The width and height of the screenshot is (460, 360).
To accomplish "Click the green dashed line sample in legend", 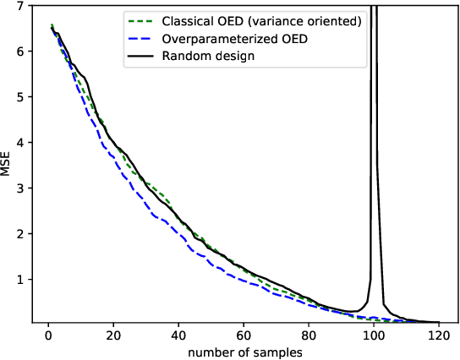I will [x=139, y=20].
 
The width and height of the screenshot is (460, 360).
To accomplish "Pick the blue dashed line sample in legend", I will [x=139, y=38].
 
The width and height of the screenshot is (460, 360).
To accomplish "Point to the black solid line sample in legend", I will [x=139, y=56].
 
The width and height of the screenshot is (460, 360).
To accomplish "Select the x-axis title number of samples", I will [x=244, y=351].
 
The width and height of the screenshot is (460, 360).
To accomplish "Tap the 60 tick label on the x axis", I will [x=244, y=335].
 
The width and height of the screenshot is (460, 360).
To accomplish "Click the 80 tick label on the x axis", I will [x=309, y=335].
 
